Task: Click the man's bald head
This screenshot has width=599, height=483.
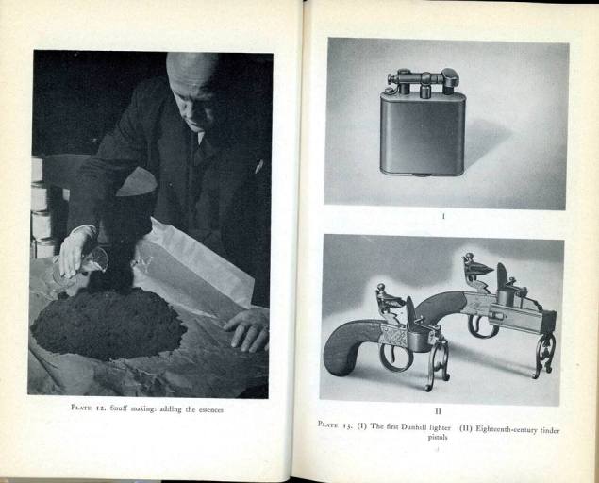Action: point(194,74)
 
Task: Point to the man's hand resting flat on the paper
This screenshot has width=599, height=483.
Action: point(247,327)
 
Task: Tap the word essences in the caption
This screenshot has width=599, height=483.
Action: point(210,408)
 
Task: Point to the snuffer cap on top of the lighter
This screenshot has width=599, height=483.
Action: point(449,78)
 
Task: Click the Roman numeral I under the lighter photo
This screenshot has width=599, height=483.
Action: point(443,216)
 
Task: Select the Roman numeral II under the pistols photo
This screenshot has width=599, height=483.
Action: point(438,411)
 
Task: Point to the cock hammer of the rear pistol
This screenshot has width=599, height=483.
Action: point(477,269)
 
